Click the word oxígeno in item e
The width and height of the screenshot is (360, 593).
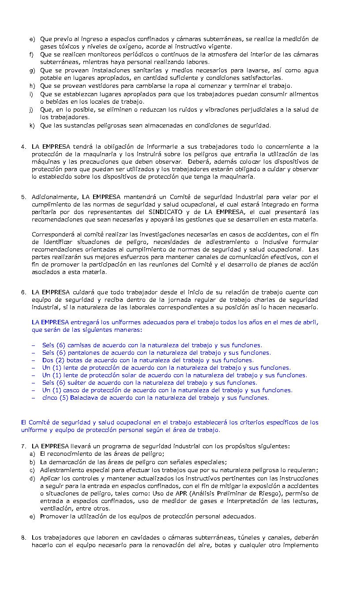pyautogui.click(x=122, y=47)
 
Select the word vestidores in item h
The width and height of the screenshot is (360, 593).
pyautogui.click(x=90, y=86)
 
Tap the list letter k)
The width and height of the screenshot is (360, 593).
pyautogui.click(x=32, y=126)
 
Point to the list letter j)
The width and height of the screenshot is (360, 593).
pyautogui.click(x=32, y=110)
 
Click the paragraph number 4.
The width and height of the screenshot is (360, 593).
pyautogui.click(x=23, y=147)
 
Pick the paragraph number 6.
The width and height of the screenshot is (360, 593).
pyautogui.click(x=23, y=293)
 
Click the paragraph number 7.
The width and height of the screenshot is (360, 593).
pyautogui.click(x=23, y=447)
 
